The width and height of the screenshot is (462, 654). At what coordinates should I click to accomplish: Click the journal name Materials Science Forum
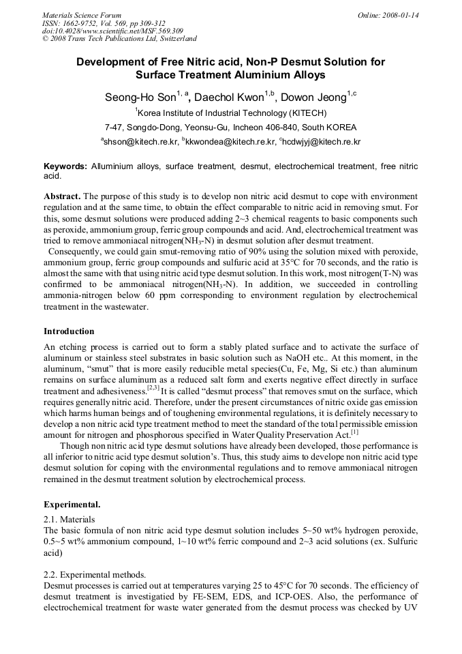(82, 14)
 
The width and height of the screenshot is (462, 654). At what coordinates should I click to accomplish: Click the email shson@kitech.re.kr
(141, 142)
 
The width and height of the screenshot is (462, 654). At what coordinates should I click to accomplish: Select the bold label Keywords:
(65, 166)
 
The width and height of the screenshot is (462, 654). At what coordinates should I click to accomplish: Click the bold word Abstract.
(62, 196)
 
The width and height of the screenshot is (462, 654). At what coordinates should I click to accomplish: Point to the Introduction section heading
(69, 331)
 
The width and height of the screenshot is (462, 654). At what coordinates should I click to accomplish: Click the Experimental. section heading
(72, 505)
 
